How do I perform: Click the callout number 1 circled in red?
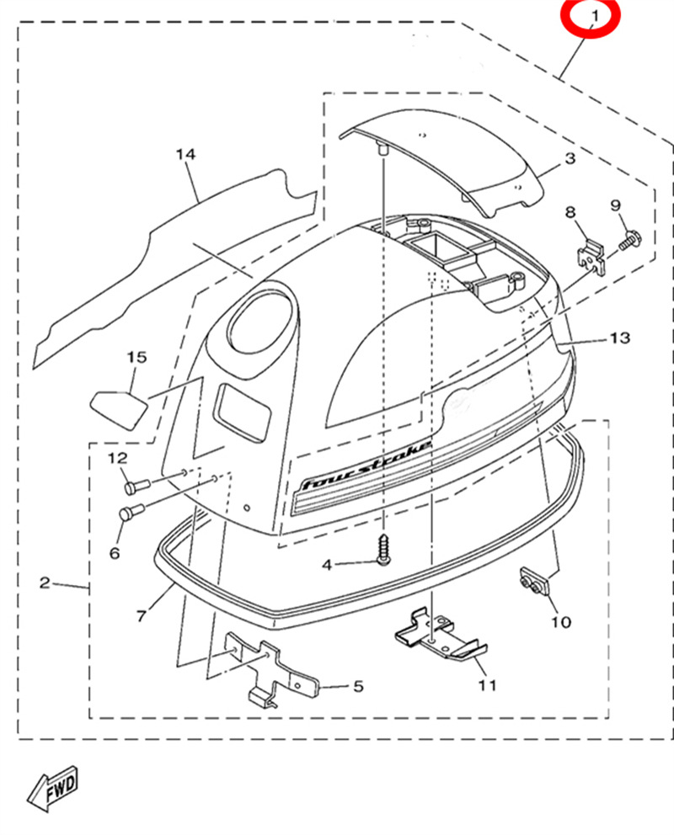tap(594, 16)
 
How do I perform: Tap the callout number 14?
tap(185, 154)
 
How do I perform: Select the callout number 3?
tap(570, 158)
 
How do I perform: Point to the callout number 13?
tap(619, 338)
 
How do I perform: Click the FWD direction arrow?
tap(54, 787)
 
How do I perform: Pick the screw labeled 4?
tap(383, 549)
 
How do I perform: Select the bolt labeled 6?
tap(132, 512)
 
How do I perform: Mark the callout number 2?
tap(45, 582)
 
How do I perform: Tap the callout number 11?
tap(487, 685)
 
